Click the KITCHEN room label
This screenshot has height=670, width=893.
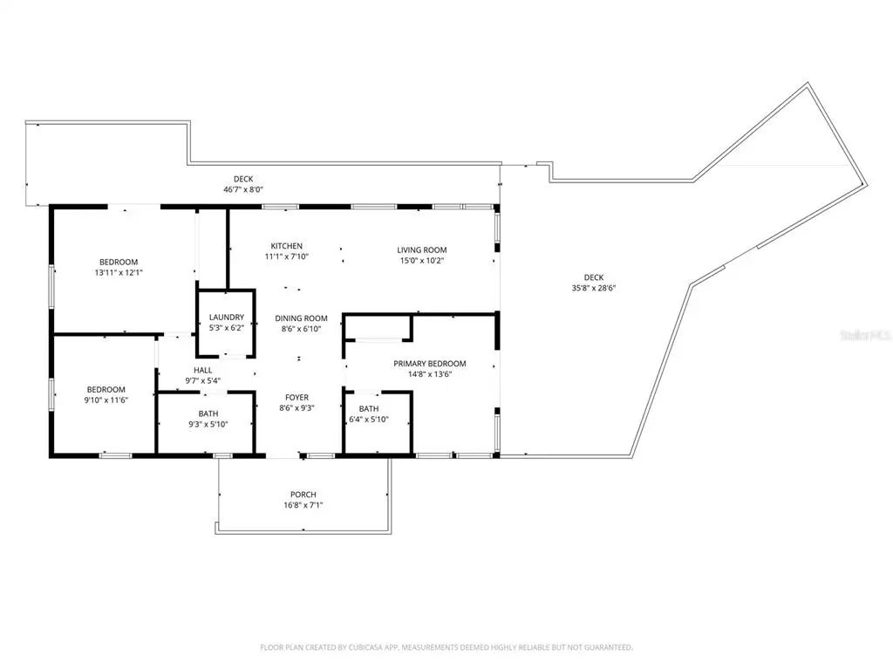coord(286,246)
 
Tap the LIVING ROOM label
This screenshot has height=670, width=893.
coord(422,250)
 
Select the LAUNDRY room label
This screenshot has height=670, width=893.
coord(227,318)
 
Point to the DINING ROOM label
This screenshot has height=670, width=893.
coord(301,318)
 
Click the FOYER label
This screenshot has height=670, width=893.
coord(297,398)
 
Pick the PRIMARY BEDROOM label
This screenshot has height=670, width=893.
coord(430,364)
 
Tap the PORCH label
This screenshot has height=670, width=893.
coord(303,495)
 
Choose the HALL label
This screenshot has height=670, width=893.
coord(202,370)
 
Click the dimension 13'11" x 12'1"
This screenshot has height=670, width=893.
coord(119,272)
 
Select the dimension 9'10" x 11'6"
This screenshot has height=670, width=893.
coord(106,400)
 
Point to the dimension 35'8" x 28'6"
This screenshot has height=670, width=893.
coord(594,288)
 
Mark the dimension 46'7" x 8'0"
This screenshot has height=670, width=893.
coord(243,189)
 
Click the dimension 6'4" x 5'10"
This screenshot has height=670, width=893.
coord(369,420)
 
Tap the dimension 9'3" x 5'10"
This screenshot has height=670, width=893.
coord(208,424)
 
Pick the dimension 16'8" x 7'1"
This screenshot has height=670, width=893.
coord(303,505)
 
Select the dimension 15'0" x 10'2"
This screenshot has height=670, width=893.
coord(422,261)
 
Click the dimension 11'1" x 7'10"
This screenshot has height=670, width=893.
coord(286,257)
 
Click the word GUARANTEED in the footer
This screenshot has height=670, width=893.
coord(610,647)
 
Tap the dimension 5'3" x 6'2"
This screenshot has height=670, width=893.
coord(227,328)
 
